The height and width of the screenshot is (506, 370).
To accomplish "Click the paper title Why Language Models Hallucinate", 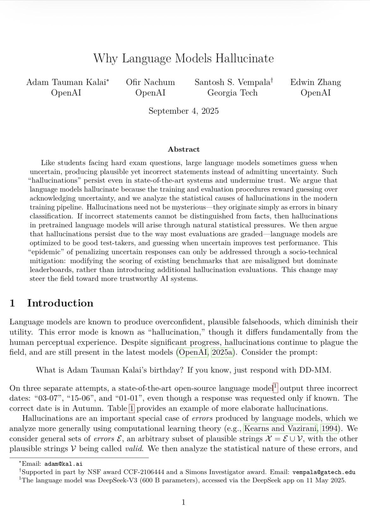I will [x=183, y=58].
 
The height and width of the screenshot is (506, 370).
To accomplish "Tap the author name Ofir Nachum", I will [x=150, y=82].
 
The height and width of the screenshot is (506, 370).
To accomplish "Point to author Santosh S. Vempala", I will [x=232, y=82].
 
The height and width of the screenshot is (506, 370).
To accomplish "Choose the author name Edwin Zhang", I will [x=316, y=82].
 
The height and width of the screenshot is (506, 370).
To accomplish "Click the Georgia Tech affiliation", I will [x=232, y=93].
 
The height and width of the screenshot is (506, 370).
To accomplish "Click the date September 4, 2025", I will [x=183, y=111].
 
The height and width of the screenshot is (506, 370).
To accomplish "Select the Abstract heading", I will [x=183, y=149].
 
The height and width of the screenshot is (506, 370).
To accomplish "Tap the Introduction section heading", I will [x=60, y=303].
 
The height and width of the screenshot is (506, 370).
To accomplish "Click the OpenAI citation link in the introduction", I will [x=193, y=352].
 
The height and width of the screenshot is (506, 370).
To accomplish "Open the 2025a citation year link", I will [x=222, y=352].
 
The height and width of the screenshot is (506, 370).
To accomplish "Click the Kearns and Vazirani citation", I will [x=281, y=429].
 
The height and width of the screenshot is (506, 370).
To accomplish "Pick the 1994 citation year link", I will [x=330, y=429].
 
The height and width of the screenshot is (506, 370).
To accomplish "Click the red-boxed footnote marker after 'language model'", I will [x=275, y=387].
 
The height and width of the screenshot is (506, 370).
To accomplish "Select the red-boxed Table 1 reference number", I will [x=132, y=408].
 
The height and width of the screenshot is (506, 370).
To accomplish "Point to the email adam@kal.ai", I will [x=63, y=464].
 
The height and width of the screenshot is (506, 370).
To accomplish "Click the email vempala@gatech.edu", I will [x=324, y=472].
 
